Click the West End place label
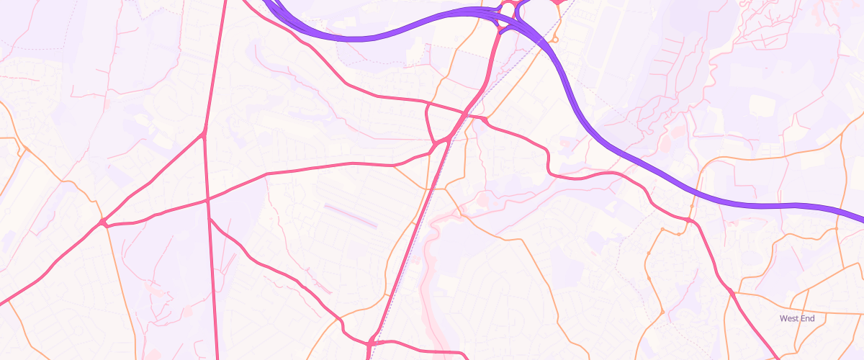tap(797, 318)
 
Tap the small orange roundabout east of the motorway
tap(556, 40)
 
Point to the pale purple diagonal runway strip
tap(351, 215)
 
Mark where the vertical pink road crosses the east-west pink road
tap(208, 199)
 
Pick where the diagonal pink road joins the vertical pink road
tap(204, 134)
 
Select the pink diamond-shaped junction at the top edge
tap(559, 2)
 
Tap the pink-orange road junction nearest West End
tap(732, 292)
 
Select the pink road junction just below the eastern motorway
tap(689, 220)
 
